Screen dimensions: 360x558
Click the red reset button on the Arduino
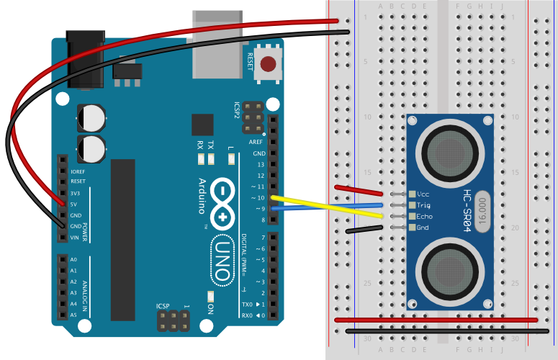coord(268,64)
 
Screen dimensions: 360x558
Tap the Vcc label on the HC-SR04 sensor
coord(423,194)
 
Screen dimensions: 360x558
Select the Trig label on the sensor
coord(423,204)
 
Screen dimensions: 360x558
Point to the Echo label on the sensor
coord(425,216)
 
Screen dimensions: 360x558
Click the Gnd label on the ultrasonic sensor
coord(423,228)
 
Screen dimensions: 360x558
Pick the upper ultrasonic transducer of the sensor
coord(451,151)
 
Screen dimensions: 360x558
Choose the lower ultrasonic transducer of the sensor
coord(451,269)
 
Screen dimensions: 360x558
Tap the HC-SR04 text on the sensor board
coord(467,211)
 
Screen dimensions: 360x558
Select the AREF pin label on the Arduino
coord(256,143)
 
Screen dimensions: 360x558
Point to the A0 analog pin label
coord(73,260)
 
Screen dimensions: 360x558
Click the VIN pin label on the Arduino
coord(75,238)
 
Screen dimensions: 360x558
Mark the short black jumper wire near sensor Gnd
coord(364,230)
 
